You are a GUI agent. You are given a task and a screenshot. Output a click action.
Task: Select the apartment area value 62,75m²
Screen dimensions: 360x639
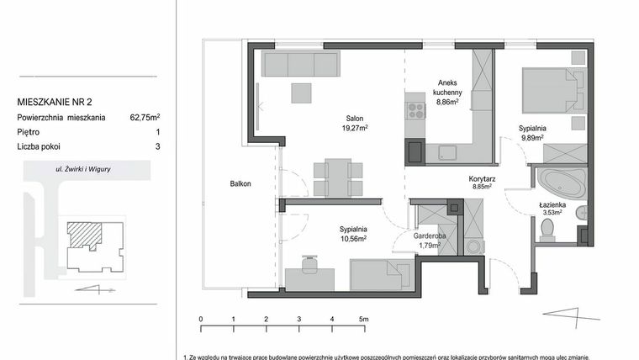(145, 118)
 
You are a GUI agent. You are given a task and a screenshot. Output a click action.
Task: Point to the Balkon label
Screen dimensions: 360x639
(241, 183)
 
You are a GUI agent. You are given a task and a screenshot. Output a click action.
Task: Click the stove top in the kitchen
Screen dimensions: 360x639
(415, 109)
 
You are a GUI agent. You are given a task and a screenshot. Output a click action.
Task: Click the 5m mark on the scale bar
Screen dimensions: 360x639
(363, 320)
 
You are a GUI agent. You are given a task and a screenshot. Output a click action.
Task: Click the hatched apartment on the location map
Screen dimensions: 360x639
(83, 234)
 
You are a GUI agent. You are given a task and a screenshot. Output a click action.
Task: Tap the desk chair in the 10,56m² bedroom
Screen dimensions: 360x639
(307, 265)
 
